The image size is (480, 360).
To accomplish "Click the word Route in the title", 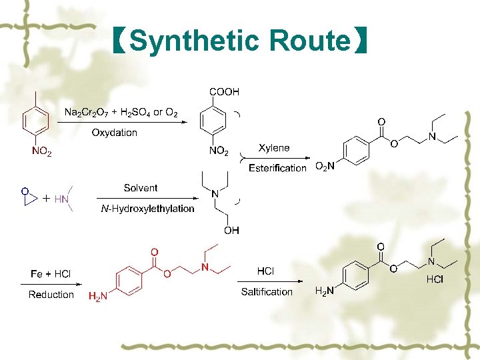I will click(310, 41).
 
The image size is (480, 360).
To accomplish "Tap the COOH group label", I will click(224, 92).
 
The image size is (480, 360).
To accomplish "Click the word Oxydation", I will click(114, 133).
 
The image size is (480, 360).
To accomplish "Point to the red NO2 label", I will click(41, 152).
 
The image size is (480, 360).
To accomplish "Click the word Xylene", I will click(274, 147).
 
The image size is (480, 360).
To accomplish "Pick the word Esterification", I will click(277, 168).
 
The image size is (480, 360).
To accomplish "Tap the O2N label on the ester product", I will click(325, 166).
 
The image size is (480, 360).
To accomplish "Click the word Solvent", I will click(141, 189).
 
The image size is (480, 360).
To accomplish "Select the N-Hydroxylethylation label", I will click(147, 209).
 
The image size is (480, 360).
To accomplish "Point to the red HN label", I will click(61, 199).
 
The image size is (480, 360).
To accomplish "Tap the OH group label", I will click(231, 231).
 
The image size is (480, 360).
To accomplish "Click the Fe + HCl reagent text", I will click(51, 274).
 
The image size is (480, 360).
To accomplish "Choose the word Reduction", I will click(51, 295).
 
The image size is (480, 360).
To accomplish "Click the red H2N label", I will click(97, 297).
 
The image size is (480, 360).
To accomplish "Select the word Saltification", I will click(267, 292).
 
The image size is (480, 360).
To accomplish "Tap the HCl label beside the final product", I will click(435, 279).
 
